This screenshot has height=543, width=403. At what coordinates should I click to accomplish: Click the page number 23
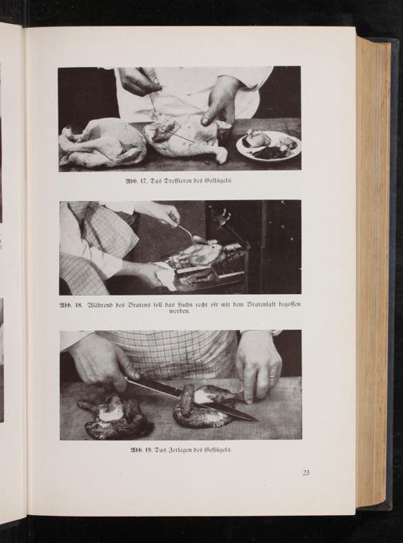pyautogui.click(x=306, y=473)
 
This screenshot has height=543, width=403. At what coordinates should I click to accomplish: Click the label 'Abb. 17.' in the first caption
pyautogui.click(x=137, y=181)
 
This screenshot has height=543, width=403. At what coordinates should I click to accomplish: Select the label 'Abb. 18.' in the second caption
pyautogui.click(x=71, y=305)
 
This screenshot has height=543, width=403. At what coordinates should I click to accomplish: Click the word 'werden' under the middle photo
pyautogui.click(x=180, y=312)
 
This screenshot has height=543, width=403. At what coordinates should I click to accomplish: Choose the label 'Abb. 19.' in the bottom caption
pyautogui.click(x=142, y=450)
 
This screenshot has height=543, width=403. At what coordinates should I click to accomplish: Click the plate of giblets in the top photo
pyautogui.click(x=268, y=146)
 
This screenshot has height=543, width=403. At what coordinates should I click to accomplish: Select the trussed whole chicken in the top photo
pyautogui.click(x=103, y=143)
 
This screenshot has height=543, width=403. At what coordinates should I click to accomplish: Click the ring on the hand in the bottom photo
pyautogui.click(x=273, y=376)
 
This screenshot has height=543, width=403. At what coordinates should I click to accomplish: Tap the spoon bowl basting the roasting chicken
pyautogui.click(x=198, y=239)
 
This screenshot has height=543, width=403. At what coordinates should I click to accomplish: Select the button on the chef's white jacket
pyautogui.click(x=188, y=93)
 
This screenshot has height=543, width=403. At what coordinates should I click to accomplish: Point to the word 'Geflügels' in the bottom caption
pyautogui.click(x=218, y=450)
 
